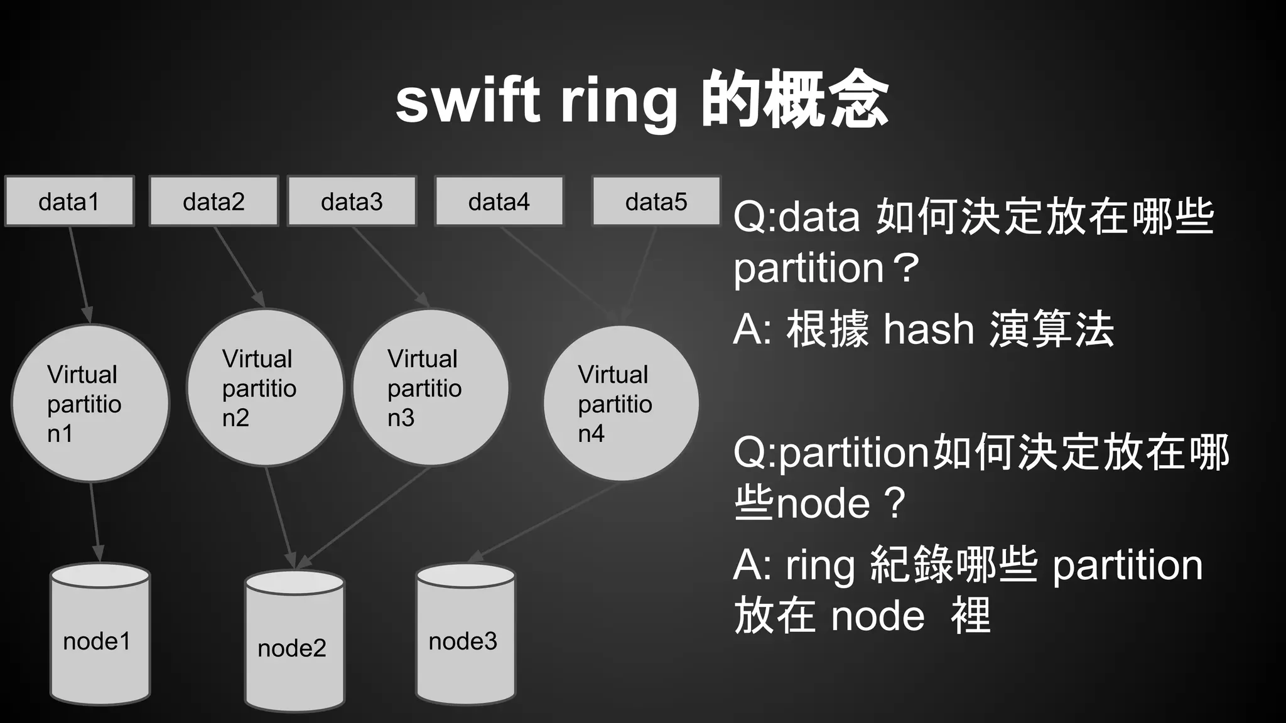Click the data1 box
click(x=69, y=201)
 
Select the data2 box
click(x=213, y=201)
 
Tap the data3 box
click(x=352, y=201)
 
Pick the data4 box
click(x=499, y=201)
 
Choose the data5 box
click(x=656, y=201)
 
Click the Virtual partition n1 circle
click(x=90, y=403)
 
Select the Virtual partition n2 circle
click(x=265, y=387)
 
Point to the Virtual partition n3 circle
click(x=430, y=387)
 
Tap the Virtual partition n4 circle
click(x=621, y=403)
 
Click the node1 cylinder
click(x=100, y=634)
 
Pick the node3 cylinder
click(x=465, y=634)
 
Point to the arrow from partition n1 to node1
click(x=95, y=521)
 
